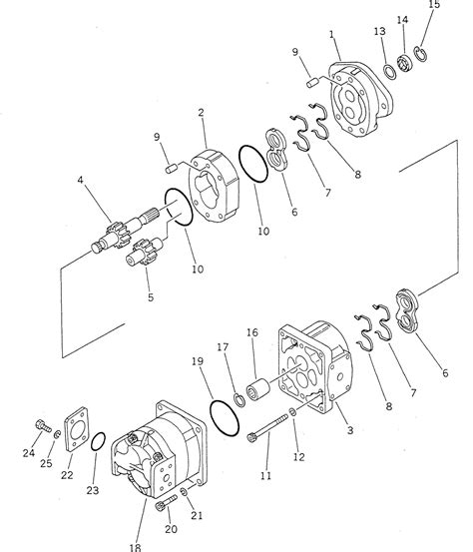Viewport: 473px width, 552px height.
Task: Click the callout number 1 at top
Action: (x=330, y=36)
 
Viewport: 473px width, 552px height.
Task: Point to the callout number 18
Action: (x=135, y=546)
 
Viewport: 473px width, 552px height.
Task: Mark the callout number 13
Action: (x=380, y=32)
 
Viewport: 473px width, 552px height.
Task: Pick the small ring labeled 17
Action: (x=239, y=399)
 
